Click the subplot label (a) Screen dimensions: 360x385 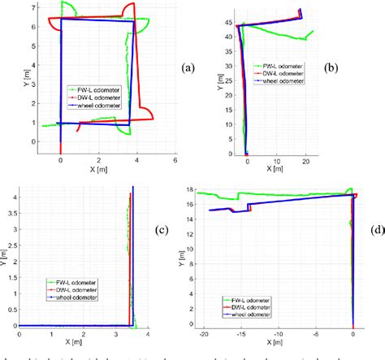pos(189,68)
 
